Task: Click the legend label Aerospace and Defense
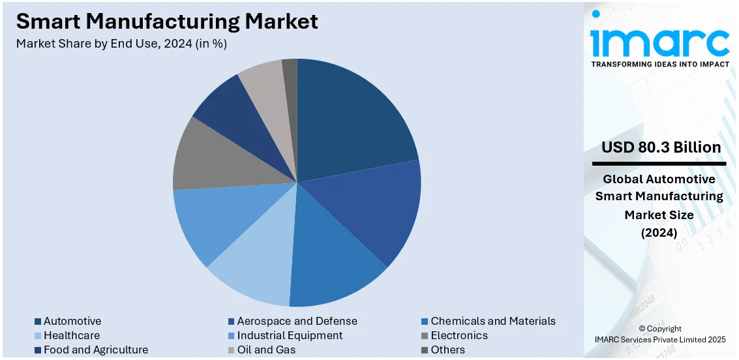(297, 321)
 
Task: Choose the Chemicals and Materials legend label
(492, 321)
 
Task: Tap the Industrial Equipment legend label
(290, 335)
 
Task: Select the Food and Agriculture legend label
(95, 350)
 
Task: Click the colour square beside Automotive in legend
(38, 322)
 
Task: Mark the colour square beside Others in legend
(425, 350)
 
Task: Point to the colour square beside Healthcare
(38, 336)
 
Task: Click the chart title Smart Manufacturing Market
(167, 22)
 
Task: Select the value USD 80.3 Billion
(661, 147)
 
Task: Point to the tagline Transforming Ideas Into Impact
(659, 65)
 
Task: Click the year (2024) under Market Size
(659, 232)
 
